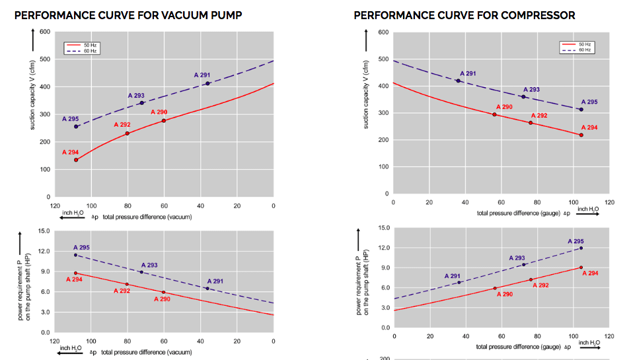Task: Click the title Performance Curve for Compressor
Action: pyautogui.click(x=464, y=15)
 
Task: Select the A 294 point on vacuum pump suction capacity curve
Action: pyautogui.click(x=76, y=160)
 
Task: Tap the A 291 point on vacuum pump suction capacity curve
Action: pyautogui.click(x=207, y=83)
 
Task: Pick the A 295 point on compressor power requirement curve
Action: pyautogui.click(x=581, y=248)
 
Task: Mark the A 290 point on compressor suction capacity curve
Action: pyautogui.click(x=494, y=115)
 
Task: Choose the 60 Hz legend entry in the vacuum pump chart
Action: pyautogui.click(x=82, y=51)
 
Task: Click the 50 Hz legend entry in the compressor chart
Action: pyautogui.click(x=576, y=44)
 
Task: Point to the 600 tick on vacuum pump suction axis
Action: pyautogui.click(x=44, y=32)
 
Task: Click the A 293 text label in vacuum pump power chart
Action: pyautogui.click(x=149, y=265)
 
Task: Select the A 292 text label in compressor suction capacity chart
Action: pyautogui.click(x=539, y=116)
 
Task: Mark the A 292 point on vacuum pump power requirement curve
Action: pyautogui.click(x=127, y=285)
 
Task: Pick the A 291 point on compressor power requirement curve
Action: pyautogui.click(x=459, y=283)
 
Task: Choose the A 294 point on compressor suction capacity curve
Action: pyautogui.click(x=581, y=135)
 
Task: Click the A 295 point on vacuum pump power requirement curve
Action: pyautogui.click(x=76, y=255)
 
